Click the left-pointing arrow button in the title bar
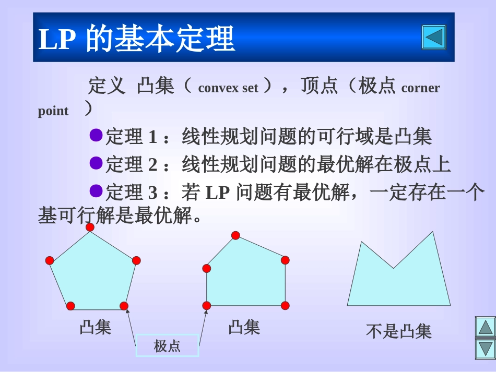pyautogui.click(x=433, y=37)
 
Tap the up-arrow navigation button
pyautogui.click(x=485, y=327)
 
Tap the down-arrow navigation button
pyautogui.click(x=485, y=349)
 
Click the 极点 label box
pyautogui.click(x=167, y=345)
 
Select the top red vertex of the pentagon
pyautogui.click(x=90, y=227)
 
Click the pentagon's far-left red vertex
pyautogui.click(x=50, y=260)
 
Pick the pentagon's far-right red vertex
pyautogui.click(x=136, y=260)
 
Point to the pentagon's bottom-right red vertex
pyautogui.click(x=124, y=306)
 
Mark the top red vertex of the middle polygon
pyautogui.click(x=235, y=235)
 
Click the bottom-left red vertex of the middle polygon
pyautogui.click(x=207, y=305)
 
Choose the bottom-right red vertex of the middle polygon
pyautogui.click(x=285, y=305)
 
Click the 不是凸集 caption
pyautogui.click(x=399, y=331)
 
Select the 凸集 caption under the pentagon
pyautogui.click(x=96, y=327)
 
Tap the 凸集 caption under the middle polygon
pyautogui.click(x=244, y=327)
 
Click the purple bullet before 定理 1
pyautogui.click(x=96, y=136)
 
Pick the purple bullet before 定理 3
pyautogui.click(x=96, y=191)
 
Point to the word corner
pyautogui.click(x=420, y=88)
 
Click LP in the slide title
pyautogui.click(x=55, y=39)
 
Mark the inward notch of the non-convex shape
pyautogui.click(x=393, y=268)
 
